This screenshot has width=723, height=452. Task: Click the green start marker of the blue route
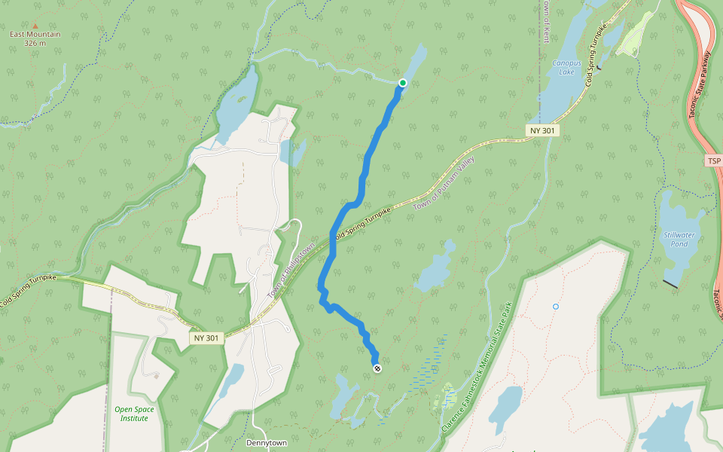[403, 83]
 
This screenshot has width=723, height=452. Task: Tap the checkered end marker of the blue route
[377, 368]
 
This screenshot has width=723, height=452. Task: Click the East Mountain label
[35, 35]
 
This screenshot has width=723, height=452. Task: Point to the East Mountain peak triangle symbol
[35, 26]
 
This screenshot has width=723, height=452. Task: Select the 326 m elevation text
[35, 43]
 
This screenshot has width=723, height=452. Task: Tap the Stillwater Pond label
[679, 240]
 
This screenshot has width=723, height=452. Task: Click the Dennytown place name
[267, 443]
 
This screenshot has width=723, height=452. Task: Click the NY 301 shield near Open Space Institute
[206, 338]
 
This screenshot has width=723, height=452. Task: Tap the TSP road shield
[714, 161]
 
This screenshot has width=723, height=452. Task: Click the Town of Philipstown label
[291, 270]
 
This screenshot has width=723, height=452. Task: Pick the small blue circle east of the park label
[556, 307]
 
